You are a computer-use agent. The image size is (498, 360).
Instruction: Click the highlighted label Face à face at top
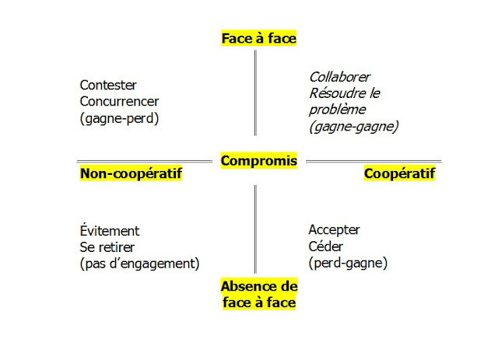pos(258,37)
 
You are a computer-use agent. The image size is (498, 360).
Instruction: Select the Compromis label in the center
pos(258,161)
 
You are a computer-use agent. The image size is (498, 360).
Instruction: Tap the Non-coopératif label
pos(131,173)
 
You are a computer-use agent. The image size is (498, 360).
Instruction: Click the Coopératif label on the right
pos(399,173)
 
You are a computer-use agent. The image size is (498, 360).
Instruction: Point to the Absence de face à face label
pos(258,293)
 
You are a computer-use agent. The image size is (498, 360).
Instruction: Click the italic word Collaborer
pos(339,77)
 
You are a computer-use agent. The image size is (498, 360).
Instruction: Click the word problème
pos(336,110)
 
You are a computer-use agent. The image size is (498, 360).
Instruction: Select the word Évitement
pos(110,231)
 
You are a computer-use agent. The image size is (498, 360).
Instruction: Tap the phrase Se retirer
pos(108,247)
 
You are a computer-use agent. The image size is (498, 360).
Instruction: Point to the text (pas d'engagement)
pos(139,263)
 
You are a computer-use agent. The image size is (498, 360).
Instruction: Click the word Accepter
pos(335,231)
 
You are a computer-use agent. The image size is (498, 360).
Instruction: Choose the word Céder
pos(324,247)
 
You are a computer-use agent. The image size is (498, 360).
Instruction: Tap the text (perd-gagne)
pos(347,263)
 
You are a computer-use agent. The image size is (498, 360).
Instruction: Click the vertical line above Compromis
pos(255,93)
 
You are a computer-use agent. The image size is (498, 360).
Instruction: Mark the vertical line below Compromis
pos(255,225)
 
